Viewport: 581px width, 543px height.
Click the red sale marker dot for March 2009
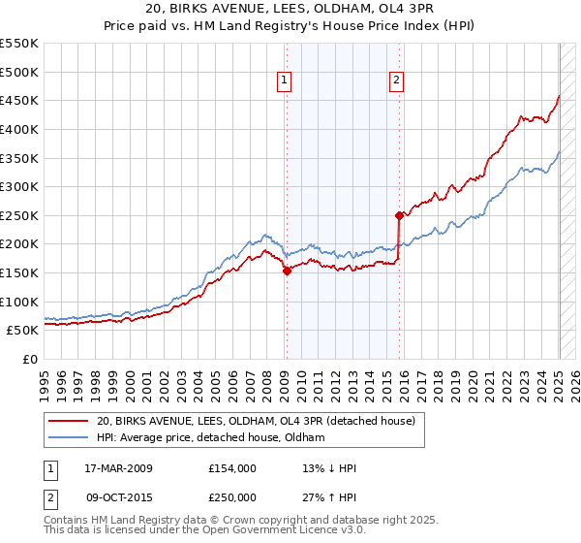287,271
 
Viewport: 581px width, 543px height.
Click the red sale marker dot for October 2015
398,215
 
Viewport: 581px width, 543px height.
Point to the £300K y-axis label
19,186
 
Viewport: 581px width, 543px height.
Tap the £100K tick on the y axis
19,302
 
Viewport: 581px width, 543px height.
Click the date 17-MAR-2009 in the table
116,468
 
